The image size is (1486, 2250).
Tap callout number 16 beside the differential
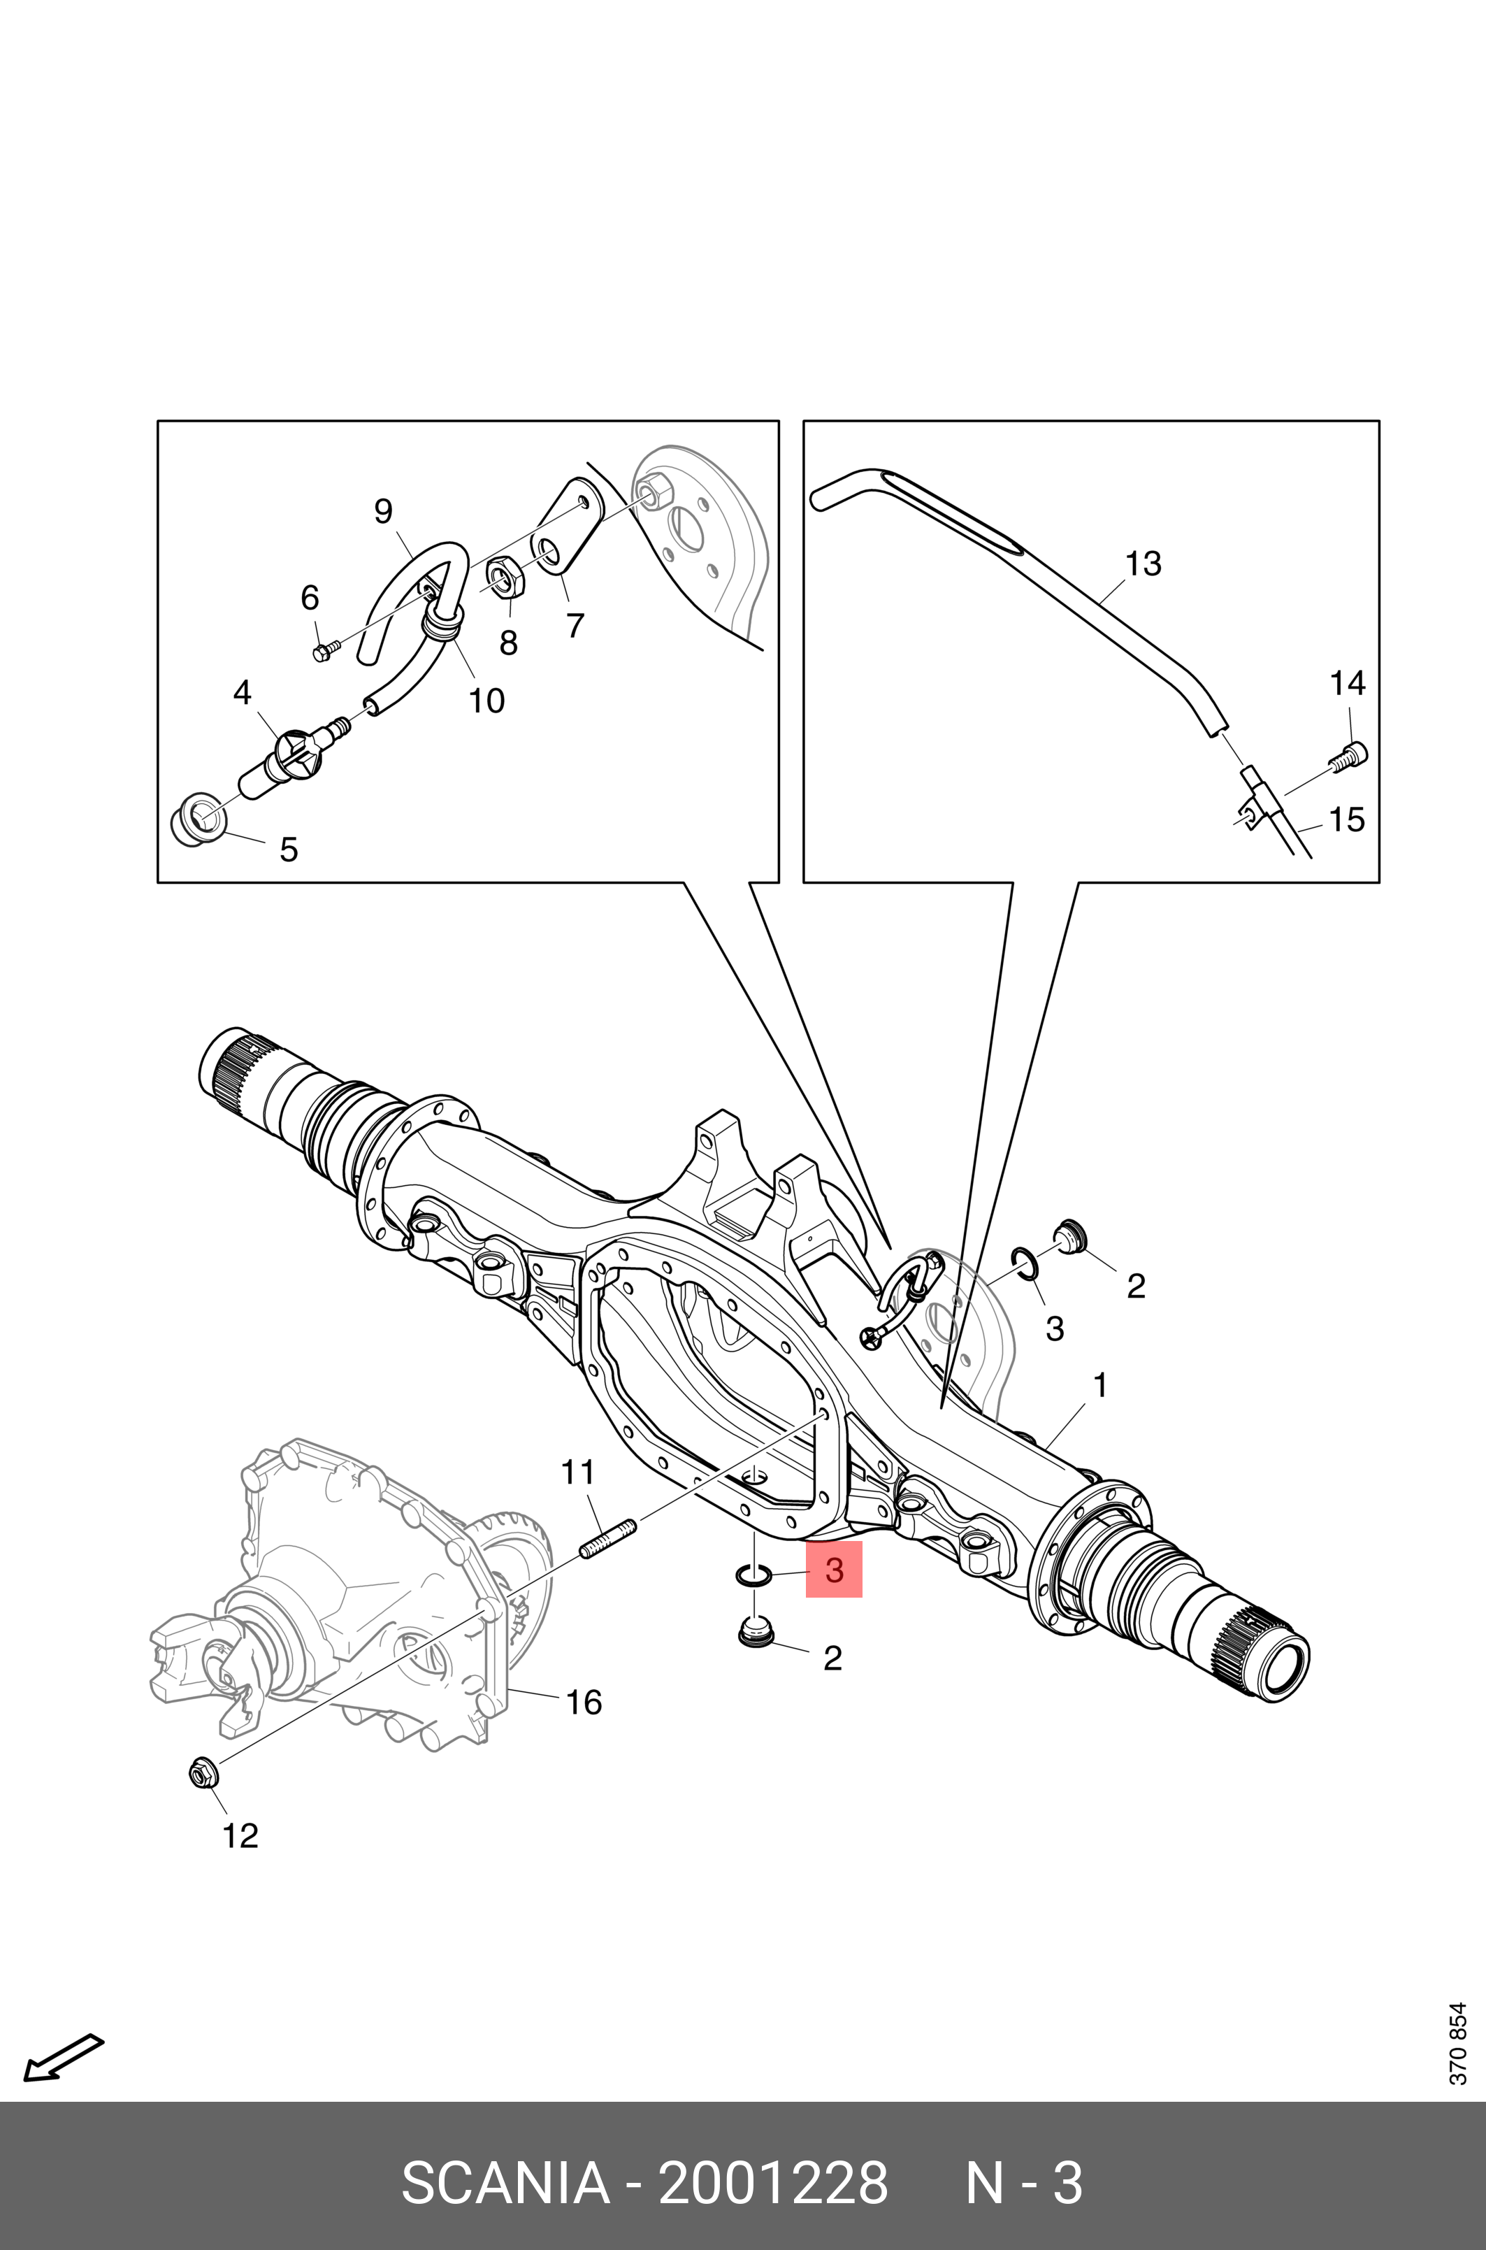pyautogui.click(x=583, y=1703)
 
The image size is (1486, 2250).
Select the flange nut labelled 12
pyautogui.click(x=203, y=1770)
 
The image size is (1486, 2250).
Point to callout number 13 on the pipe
pyautogui.click(x=1143, y=564)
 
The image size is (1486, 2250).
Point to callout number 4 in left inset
pyautogui.click(x=242, y=693)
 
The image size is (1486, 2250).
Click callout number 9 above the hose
pyautogui.click(x=383, y=512)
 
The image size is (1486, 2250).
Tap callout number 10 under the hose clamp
pyautogui.click(x=486, y=701)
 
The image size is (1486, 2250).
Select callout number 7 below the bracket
pyautogui.click(x=575, y=626)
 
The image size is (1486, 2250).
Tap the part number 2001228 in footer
pyautogui.click(x=772, y=2184)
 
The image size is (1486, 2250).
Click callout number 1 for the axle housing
pyautogui.click(x=1099, y=1386)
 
